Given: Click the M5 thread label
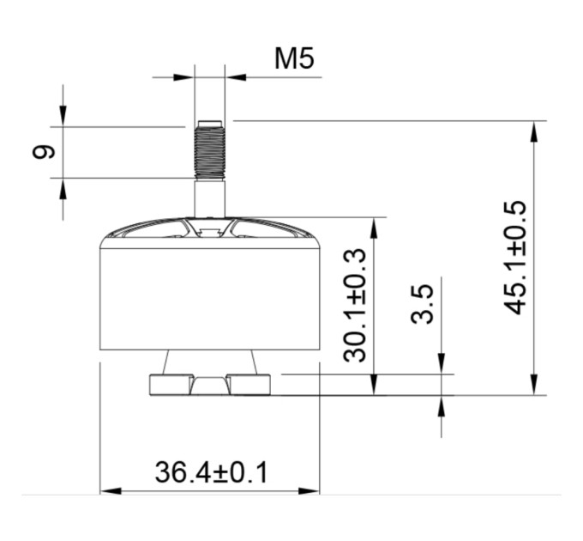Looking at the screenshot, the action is click(x=294, y=59).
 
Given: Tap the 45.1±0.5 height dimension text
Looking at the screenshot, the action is click(x=515, y=258).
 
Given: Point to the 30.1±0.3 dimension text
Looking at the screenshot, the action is click(x=355, y=306).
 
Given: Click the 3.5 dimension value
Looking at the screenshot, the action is click(x=423, y=304).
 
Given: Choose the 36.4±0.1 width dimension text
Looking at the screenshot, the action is click(x=211, y=472).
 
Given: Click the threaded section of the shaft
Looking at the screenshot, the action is click(x=210, y=151).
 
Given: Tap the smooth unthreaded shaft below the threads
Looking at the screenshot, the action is click(x=210, y=198).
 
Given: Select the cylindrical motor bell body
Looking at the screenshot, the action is click(x=210, y=299).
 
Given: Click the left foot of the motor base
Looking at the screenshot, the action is click(x=171, y=385).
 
